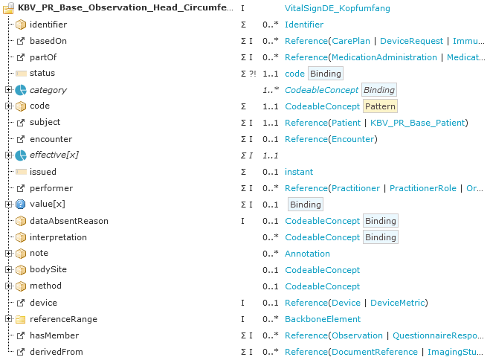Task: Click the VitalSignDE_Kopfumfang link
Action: pyautogui.click(x=337, y=8)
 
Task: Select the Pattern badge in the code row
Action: pyautogui.click(x=380, y=106)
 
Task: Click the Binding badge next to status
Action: pyautogui.click(x=326, y=74)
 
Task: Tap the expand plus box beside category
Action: pyautogui.click(x=8, y=90)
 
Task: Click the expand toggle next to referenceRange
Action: pyautogui.click(x=8, y=319)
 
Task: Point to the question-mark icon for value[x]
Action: pyautogui.click(x=21, y=205)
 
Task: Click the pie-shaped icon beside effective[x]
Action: pyautogui.click(x=21, y=155)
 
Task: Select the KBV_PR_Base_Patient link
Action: pyautogui.click(x=417, y=123)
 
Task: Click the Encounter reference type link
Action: pyautogui.click(x=353, y=139)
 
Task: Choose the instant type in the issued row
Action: pyautogui.click(x=299, y=172)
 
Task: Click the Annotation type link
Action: pyautogui.click(x=307, y=254)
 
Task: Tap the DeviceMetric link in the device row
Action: pyautogui.click(x=398, y=303)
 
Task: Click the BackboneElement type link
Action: pyautogui.click(x=323, y=319)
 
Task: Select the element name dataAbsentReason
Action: pyautogui.click(x=69, y=221)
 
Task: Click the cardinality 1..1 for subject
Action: pyautogui.click(x=271, y=123)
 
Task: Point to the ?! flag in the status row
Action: pyautogui.click(x=253, y=74)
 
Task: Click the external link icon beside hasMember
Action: pyautogui.click(x=21, y=335)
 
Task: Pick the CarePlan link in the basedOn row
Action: pyautogui.click(x=351, y=41)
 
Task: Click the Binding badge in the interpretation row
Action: pyautogui.click(x=380, y=237)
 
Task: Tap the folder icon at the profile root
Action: pyautogui.click(x=9, y=8)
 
